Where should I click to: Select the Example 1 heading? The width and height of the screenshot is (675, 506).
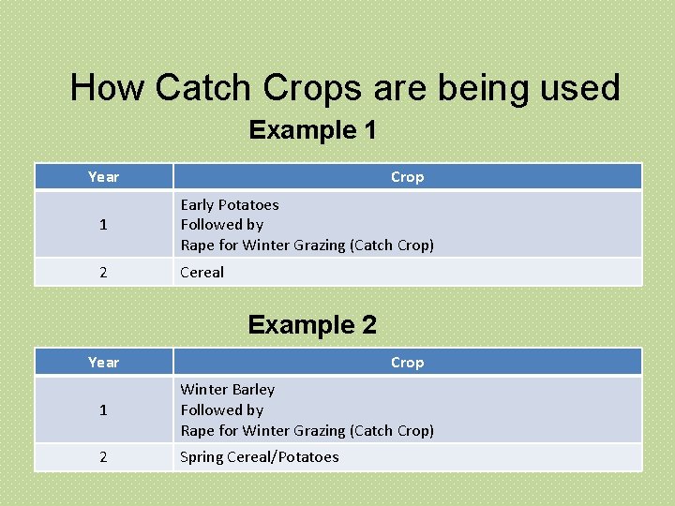[312, 130]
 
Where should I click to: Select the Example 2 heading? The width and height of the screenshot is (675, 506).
[312, 325]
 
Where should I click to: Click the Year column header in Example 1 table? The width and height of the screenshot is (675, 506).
[103, 177]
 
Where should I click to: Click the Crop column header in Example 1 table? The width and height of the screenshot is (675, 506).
[407, 177]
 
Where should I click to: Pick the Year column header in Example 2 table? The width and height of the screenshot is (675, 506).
[103, 363]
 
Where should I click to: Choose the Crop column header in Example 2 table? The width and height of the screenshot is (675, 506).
[407, 363]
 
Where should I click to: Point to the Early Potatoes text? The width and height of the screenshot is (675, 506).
[230, 204]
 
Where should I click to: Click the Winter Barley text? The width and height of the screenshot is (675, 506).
[228, 390]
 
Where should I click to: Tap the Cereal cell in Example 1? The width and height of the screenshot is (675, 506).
[202, 273]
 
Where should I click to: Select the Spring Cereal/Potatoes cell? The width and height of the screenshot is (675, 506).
[260, 457]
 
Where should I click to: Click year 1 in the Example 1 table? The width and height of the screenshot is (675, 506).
[103, 225]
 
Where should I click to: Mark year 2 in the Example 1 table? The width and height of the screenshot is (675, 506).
[103, 273]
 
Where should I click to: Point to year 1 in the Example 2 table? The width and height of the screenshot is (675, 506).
[103, 410]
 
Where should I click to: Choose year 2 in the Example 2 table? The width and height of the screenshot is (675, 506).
[103, 457]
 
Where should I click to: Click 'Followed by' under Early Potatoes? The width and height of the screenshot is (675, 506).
[222, 225]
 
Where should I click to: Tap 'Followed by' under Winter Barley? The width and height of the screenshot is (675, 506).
[222, 410]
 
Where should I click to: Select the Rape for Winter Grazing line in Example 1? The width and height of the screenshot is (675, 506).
[307, 246]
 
